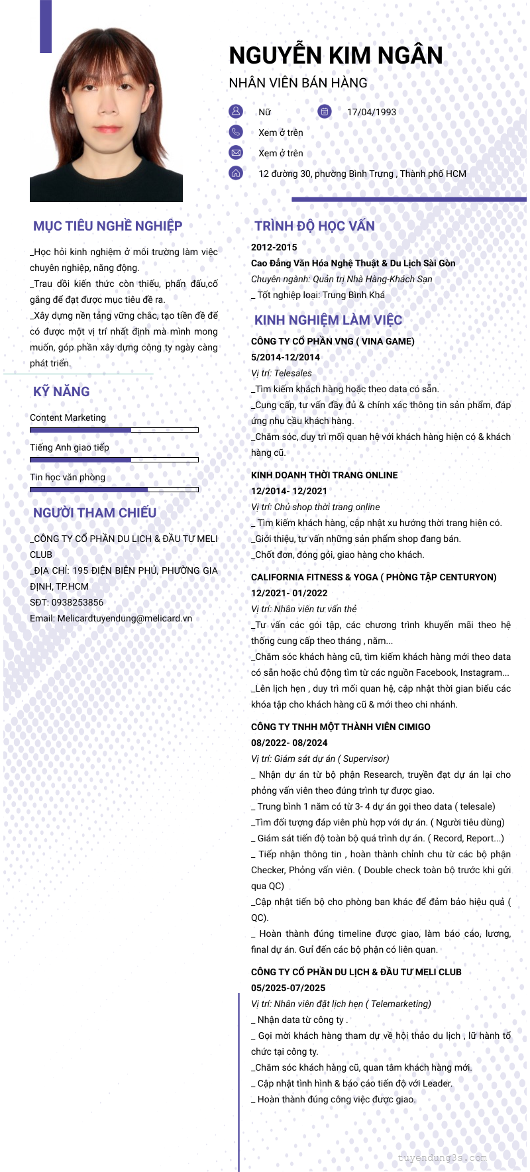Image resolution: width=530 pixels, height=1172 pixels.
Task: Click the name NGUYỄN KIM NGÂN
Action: [x=336, y=56]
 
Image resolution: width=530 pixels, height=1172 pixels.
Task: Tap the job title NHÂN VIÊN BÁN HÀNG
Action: [x=298, y=83]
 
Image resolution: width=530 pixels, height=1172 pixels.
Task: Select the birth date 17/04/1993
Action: [x=372, y=112]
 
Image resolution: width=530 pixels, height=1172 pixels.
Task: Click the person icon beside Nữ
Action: [x=236, y=111]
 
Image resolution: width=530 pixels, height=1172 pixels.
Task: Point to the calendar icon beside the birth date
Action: [x=324, y=111]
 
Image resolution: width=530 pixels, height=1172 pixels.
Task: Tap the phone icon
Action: [x=236, y=132]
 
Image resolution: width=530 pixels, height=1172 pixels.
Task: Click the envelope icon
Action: [x=236, y=152]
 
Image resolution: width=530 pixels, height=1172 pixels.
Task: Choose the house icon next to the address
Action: [x=236, y=173]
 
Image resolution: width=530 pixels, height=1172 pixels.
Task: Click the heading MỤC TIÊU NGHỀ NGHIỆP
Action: [x=107, y=226]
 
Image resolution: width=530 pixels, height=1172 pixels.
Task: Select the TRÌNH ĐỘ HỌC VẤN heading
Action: [x=315, y=226]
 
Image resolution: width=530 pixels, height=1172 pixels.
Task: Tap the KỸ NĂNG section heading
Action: [x=62, y=392]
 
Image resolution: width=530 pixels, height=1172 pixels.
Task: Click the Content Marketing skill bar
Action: [x=114, y=430]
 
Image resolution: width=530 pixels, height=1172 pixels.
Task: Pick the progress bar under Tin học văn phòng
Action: [x=114, y=490]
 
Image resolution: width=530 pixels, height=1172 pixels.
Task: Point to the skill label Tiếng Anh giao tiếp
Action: [x=70, y=447]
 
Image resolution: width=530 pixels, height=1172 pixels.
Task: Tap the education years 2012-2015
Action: [x=274, y=247]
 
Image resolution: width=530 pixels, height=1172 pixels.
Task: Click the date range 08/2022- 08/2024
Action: [x=289, y=743]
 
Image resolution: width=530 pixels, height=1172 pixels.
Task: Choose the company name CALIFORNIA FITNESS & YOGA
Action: [x=314, y=577]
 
